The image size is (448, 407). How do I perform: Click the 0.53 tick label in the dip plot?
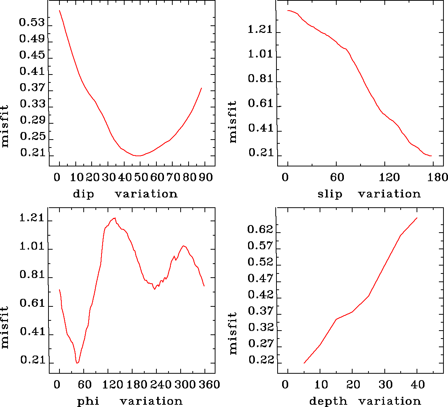coord(32,23)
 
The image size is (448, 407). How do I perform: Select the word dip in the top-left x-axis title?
coord(83,194)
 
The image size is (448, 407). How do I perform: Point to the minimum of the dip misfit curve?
coord(139,155)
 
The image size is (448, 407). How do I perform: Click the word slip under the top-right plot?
coord(329,194)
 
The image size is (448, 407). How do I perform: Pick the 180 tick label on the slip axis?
coord(439,177)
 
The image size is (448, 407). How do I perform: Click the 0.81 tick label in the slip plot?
coord(260,79)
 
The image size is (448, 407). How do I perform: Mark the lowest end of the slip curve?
coord(431,156)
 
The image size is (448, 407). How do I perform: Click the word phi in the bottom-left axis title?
coord(88,401)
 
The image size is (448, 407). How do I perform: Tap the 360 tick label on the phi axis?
coord(209,385)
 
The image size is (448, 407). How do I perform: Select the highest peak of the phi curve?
coord(114,218)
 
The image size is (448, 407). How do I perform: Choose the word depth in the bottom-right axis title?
coord(328,401)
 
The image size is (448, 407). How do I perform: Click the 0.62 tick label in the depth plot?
coord(260,229)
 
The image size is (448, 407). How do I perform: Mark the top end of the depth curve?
coord(417,218)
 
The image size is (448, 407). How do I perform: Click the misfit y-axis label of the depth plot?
coord(233,333)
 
